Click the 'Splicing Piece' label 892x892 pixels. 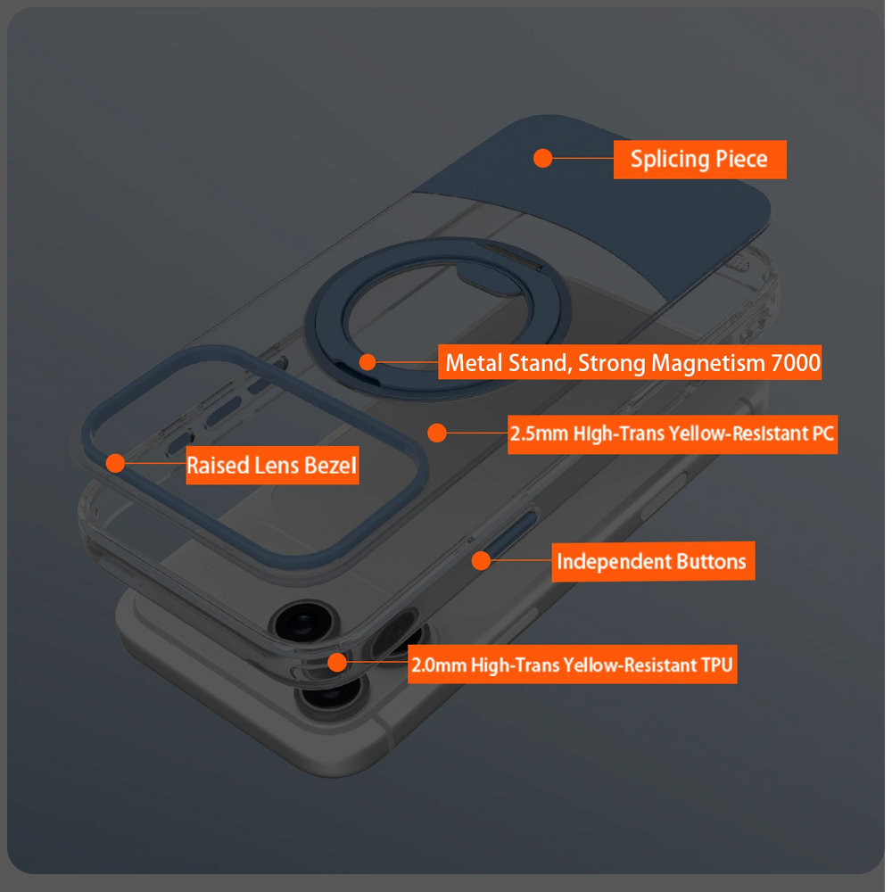[x=699, y=160]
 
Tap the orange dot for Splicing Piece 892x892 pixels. [x=542, y=158]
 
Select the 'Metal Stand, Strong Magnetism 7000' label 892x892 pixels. [x=630, y=362]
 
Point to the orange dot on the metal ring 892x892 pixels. [x=368, y=362]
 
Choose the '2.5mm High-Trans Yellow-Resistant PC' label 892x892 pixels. [x=673, y=434]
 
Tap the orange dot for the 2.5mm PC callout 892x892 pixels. [x=437, y=433]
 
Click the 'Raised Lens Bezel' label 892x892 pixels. [x=272, y=466]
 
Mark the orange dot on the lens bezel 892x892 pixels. [x=115, y=463]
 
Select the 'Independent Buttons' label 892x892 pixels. [x=653, y=561]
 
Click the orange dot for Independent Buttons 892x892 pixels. [x=482, y=561]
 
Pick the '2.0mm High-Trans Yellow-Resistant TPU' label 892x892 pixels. [x=573, y=665]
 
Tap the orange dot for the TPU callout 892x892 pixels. [x=337, y=662]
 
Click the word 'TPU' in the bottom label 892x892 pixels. [x=717, y=665]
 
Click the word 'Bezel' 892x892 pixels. [x=330, y=466]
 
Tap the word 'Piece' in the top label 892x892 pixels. [x=741, y=159]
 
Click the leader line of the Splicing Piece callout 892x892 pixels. [x=583, y=158]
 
